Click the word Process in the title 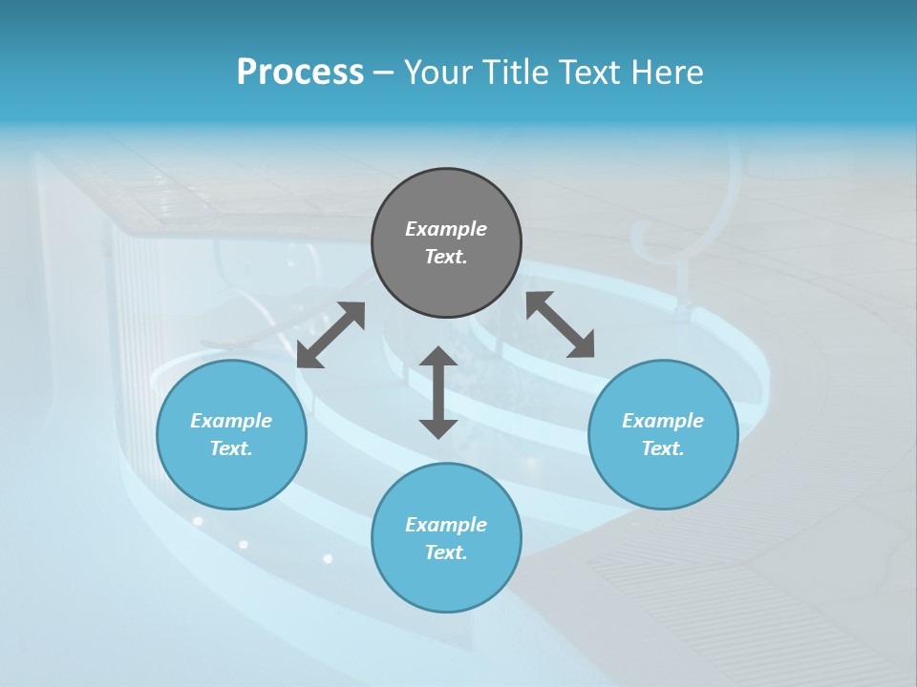(x=300, y=73)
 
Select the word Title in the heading (x=520, y=73)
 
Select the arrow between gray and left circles (x=331, y=335)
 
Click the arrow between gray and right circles (x=560, y=324)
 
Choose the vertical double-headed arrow (x=438, y=392)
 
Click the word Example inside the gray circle (x=446, y=229)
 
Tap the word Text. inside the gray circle (x=446, y=257)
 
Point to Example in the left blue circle (x=231, y=421)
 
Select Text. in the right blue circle (x=663, y=448)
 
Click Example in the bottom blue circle (x=446, y=525)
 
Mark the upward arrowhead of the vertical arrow (x=438, y=357)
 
